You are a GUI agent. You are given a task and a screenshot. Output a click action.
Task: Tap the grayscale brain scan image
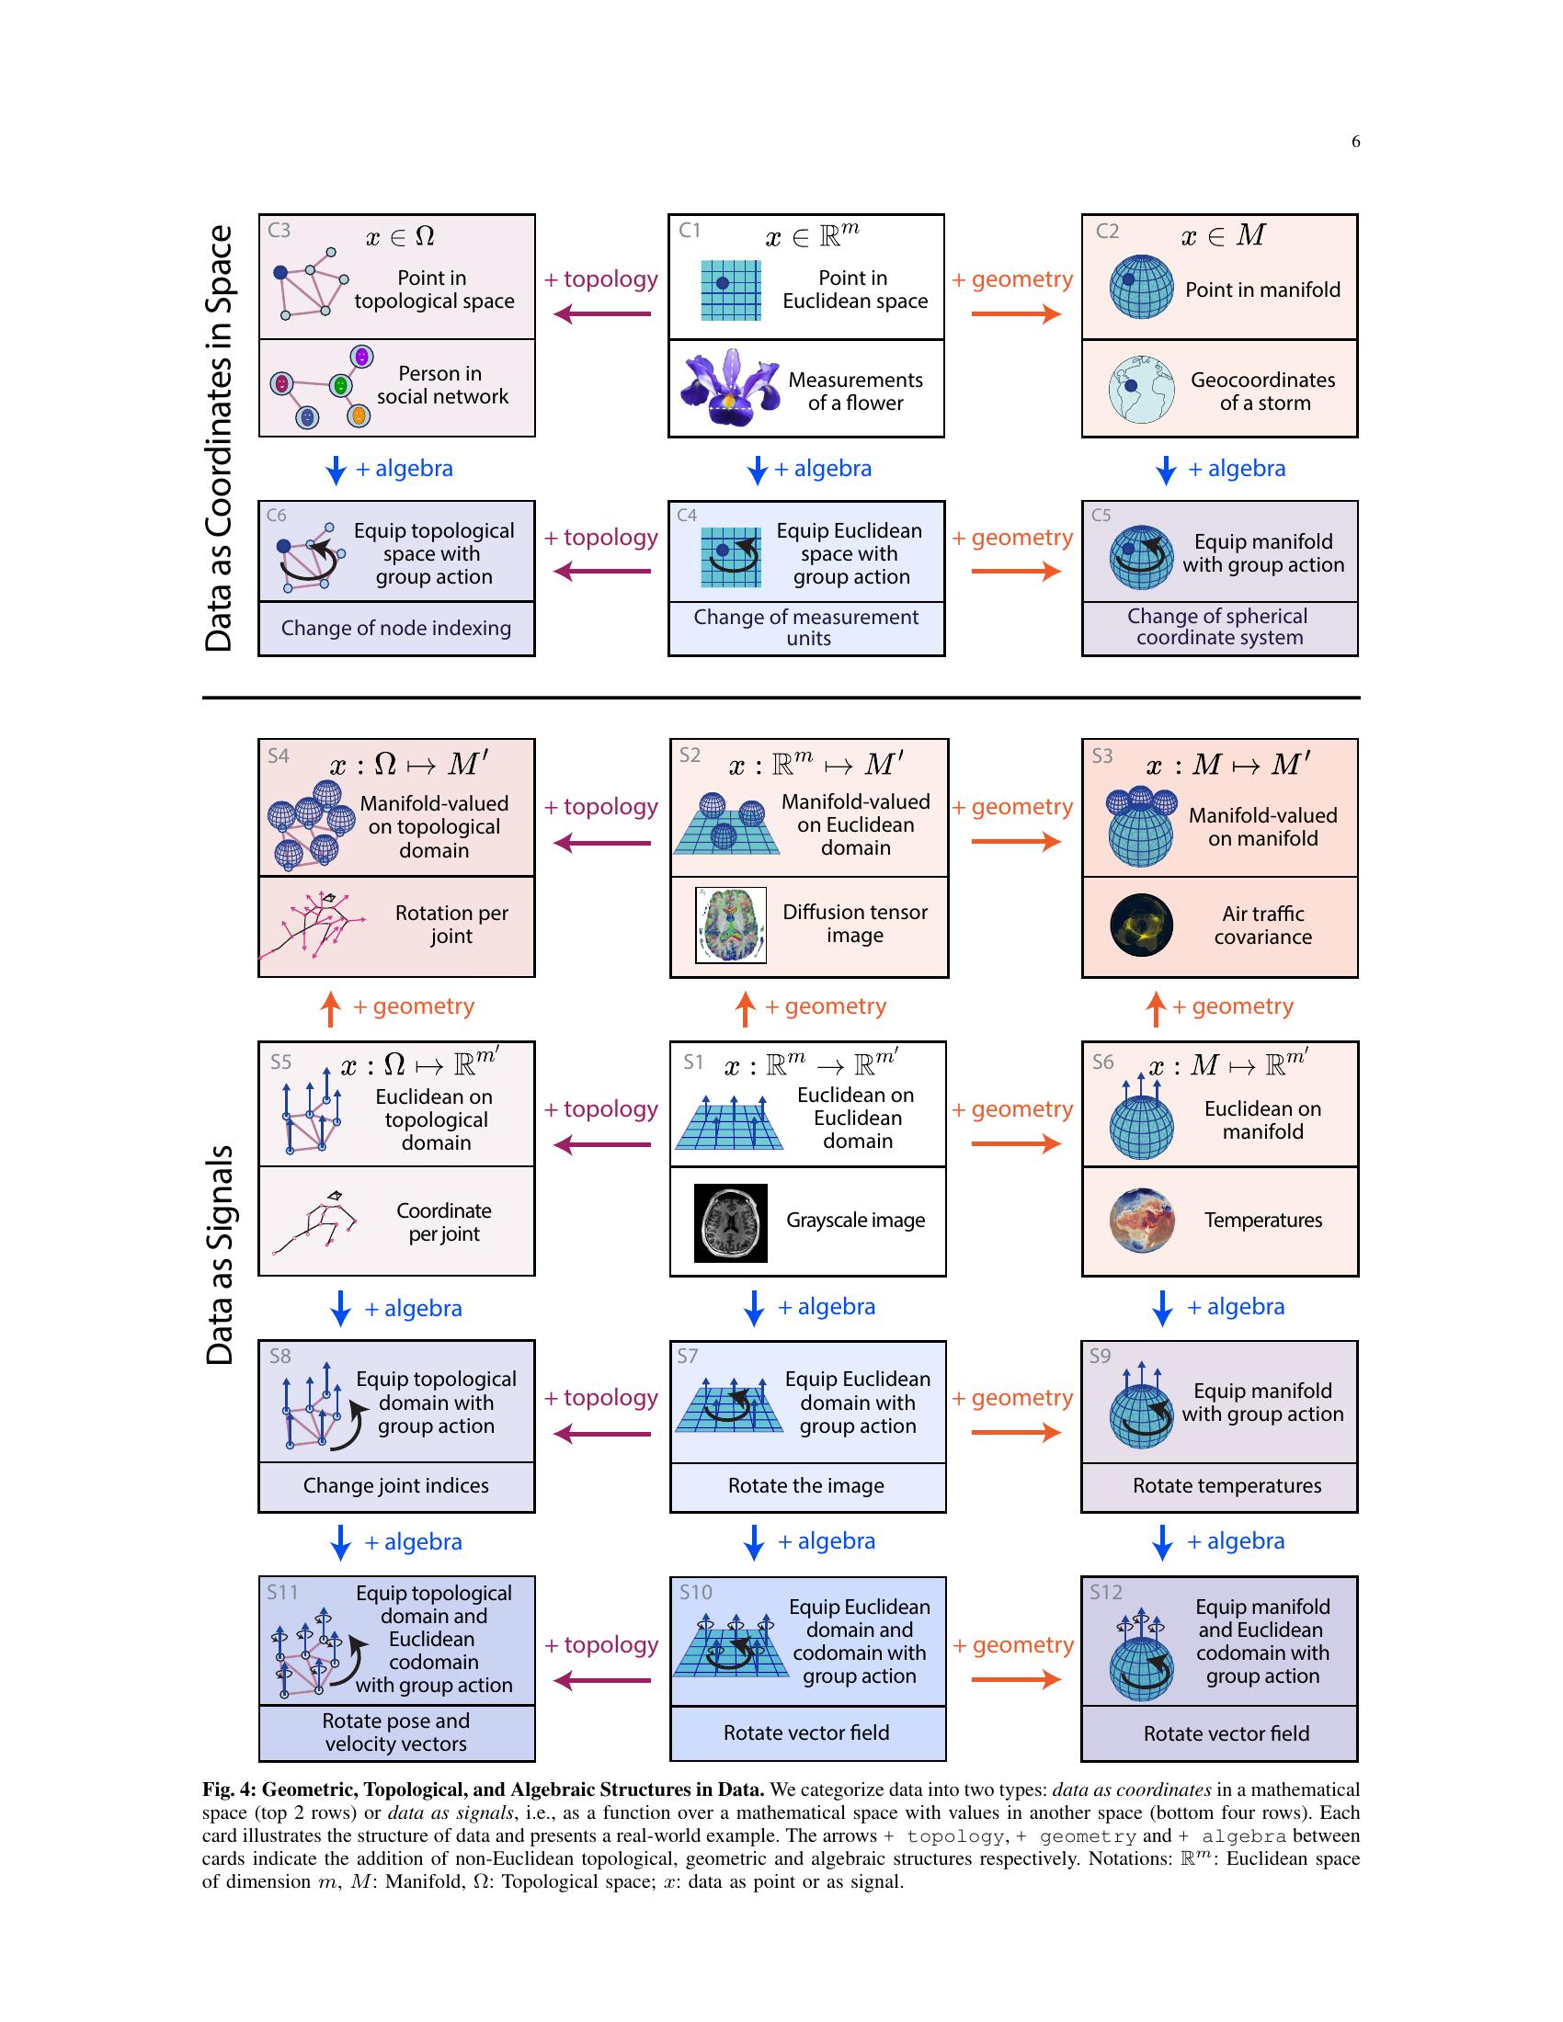tap(731, 1222)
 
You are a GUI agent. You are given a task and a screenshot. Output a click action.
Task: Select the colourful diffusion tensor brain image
tap(731, 925)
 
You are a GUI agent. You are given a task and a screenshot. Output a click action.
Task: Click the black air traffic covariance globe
tap(1142, 925)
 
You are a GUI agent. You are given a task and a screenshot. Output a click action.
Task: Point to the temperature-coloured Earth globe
tap(1142, 1221)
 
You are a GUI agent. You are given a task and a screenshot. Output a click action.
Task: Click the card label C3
tap(279, 231)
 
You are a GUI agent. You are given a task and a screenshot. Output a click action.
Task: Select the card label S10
tap(695, 1593)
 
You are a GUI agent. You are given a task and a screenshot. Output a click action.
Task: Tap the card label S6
tap(1102, 1062)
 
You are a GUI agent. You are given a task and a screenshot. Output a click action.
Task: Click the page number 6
tap(1355, 142)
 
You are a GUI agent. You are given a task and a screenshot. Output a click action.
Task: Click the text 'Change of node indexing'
tap(396, 628)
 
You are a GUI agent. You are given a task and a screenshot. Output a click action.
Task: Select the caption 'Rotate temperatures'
tap(1226, 1485)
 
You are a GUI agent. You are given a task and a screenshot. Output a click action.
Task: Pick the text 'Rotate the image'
tap(805, 1485)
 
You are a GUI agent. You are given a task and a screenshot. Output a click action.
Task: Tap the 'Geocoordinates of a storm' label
tap(1263, 391)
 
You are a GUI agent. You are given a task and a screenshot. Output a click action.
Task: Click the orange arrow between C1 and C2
tap(1016, 313)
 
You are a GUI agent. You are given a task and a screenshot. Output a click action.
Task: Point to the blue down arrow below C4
tap(758, 470)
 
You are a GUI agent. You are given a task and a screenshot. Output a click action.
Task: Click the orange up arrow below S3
tap(1155, 1008)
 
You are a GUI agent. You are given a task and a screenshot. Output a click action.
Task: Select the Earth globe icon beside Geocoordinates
tap(1142, 390)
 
